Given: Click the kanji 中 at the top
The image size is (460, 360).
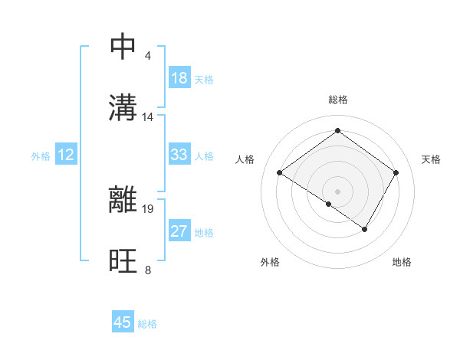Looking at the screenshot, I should coord(123,46).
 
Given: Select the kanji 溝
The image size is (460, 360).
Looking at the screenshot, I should coord(123,108).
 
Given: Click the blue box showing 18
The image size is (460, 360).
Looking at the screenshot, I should coord(179,78).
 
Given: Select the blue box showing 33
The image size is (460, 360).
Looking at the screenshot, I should coord(179,155).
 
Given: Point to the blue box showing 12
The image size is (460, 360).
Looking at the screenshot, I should coord(66,155).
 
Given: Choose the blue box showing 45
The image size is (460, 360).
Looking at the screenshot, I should coord(123,322).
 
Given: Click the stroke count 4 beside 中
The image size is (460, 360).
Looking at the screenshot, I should coord(147,56).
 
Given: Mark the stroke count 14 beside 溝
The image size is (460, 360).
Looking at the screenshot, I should coord(148,117).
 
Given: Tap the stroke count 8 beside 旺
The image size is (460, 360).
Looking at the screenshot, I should coord(147,270).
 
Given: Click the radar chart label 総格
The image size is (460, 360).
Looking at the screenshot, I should coord(337,100).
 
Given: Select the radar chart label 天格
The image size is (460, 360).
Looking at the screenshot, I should coord(431,159).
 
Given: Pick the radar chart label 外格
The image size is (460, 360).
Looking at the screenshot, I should coord(270,262).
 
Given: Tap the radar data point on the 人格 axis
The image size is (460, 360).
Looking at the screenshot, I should coord(280,173).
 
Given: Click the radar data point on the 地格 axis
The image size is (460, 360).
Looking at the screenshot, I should coord(365,229).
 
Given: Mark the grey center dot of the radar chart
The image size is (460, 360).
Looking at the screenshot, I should coord(337,190).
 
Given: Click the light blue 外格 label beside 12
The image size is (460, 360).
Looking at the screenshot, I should coord(41,155).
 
